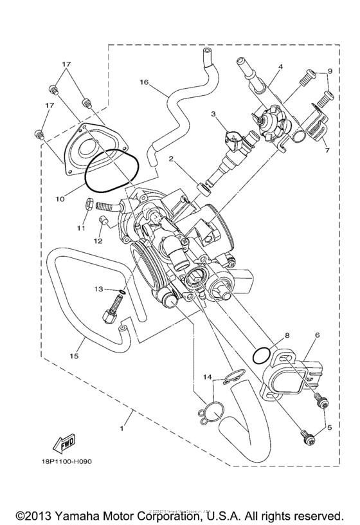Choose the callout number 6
[317, 336]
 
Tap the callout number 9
[329, 71]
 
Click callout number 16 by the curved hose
[143, 82]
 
